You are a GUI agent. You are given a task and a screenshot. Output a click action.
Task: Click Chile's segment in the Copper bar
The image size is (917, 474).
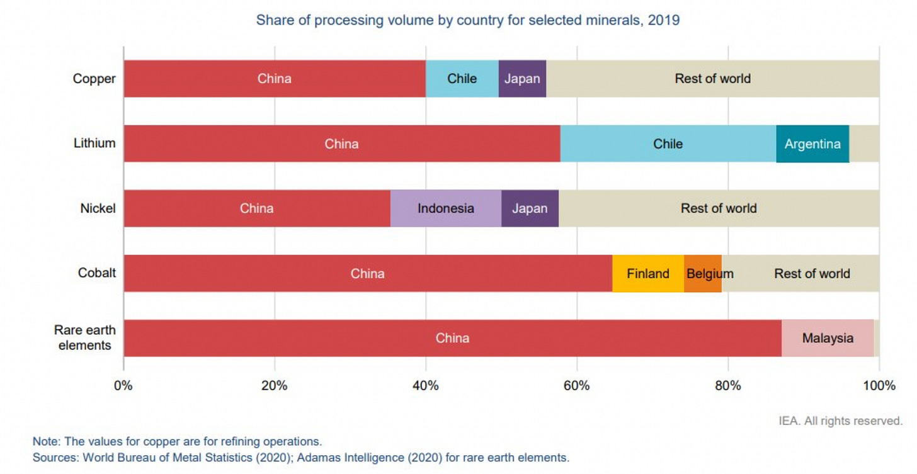tap(462, 79)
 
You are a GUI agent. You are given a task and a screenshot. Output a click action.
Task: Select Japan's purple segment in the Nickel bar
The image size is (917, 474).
tap(530, 208)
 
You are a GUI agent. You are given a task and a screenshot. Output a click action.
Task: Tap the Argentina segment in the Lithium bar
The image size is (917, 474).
tap(812, 144)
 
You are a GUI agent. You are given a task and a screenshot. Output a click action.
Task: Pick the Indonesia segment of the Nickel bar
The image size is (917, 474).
tap(445, 208)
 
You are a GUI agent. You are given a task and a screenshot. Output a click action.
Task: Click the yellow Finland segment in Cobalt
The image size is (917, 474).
tap(647, 273)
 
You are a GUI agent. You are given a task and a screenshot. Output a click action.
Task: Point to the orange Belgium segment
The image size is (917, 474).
tap(703, 273)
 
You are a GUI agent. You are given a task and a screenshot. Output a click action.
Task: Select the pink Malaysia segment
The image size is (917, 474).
tap(828, 338)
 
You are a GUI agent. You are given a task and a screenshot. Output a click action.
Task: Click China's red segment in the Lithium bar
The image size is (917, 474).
tap(341, 144)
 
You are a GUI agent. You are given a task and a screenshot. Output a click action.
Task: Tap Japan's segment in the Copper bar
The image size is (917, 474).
tap(522, 79)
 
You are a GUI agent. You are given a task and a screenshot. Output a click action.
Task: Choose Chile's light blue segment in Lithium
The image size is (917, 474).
tap(668, 144)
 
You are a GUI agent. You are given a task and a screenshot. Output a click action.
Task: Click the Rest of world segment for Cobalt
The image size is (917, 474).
tap(812, 273)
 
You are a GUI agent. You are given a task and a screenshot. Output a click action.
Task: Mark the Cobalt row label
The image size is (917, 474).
tap(97, 273)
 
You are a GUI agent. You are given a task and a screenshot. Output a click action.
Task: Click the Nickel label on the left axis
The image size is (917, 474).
tap(98, 208)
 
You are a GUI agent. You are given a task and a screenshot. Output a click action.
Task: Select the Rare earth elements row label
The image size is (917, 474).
tap(85, 338)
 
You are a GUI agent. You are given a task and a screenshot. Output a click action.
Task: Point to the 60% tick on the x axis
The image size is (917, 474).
tap(577, 385)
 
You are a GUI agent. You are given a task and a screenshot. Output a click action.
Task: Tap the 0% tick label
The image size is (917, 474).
tap(123, 385)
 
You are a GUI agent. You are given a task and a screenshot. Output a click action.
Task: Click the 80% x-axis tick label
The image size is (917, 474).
tap(728, 385)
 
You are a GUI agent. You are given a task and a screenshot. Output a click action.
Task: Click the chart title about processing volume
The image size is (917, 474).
tap(467, 20)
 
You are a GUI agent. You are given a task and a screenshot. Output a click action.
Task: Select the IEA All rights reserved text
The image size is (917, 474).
tap(840, 420)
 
